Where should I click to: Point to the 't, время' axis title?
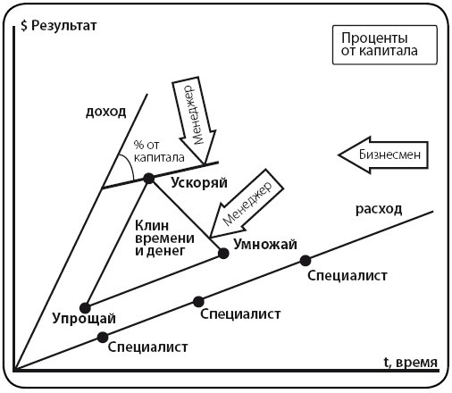click(x=411, y=363)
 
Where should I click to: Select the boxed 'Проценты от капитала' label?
click(x=376, y=46)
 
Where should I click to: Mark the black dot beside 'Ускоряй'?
click(x=149, y=179)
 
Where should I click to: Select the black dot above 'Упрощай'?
click(x=85, y=306)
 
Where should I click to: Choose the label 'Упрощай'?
click(x=84, y=320)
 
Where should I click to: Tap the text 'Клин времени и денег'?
click(x=160, y=237)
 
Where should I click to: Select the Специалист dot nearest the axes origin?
click(x=103, y=337)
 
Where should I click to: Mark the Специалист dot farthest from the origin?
click(x=305, y=260)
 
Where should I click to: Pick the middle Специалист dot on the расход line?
click(x=198, y=301)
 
